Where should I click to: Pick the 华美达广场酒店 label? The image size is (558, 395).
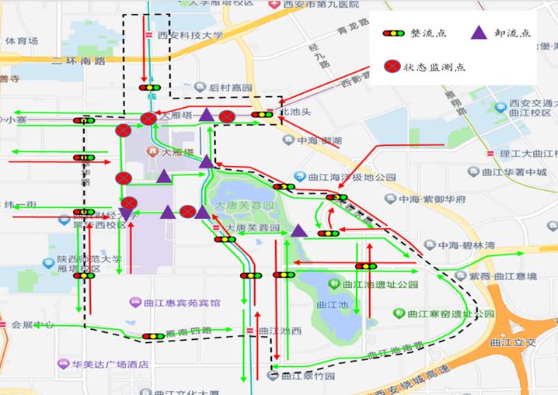tap(110, 363)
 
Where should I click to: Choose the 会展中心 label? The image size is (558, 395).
tap(32, 325)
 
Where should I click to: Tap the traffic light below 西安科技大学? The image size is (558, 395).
tap(148, 88)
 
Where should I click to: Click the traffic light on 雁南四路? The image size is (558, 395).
tap(153, 336)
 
